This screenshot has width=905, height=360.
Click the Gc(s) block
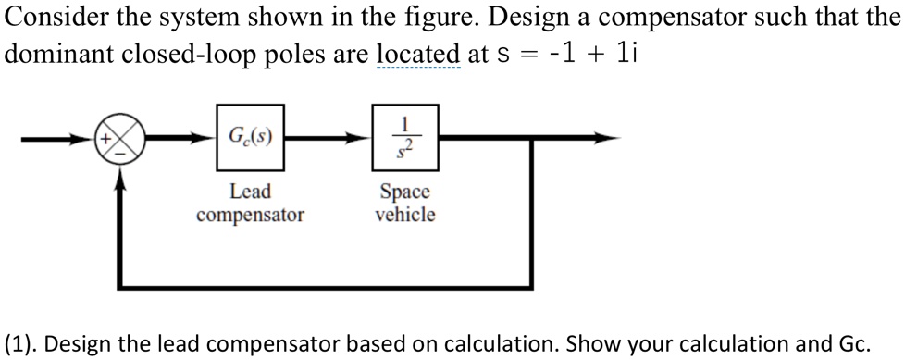coord(250,139)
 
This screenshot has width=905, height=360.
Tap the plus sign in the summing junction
coord(107,139)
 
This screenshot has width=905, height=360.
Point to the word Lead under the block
coord(250,192)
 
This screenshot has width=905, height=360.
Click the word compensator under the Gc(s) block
coord(250,215)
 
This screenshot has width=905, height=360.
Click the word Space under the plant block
coord(404,192)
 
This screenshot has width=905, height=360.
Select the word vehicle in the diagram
coord(404,215)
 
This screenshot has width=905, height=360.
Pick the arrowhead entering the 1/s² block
coord(365,139)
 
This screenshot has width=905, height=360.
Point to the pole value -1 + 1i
coord(592,55)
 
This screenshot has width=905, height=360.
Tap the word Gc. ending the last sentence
coord(852,343)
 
